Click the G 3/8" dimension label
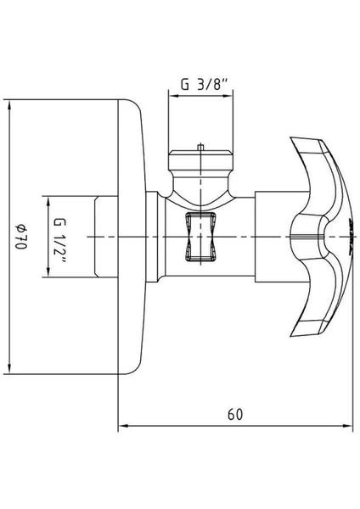coord(203,85)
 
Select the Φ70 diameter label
coord(21,237)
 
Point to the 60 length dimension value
coord(235,415)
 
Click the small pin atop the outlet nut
coord(200,147)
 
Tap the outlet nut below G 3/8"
coord(200,161)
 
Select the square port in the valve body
coord(200,237)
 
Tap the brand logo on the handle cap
coord(352,237)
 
